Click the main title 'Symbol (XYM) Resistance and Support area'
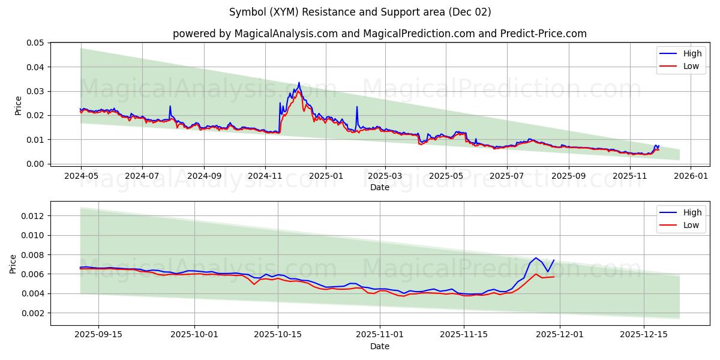coord(360,12)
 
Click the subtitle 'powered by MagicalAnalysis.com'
coord(255,34)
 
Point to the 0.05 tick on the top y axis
coord(35,43)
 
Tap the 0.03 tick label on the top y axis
coord(35,91)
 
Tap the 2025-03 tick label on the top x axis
coord(385,176)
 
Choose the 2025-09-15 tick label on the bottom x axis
coord(99,335)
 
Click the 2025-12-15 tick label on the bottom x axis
coord(643,335)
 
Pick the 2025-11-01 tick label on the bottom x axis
coord(380,335)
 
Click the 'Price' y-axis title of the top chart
coord(18,105)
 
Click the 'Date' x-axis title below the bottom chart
coord(380,346)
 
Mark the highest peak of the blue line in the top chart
coord(299,83)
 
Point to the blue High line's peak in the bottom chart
coord(536,258)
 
